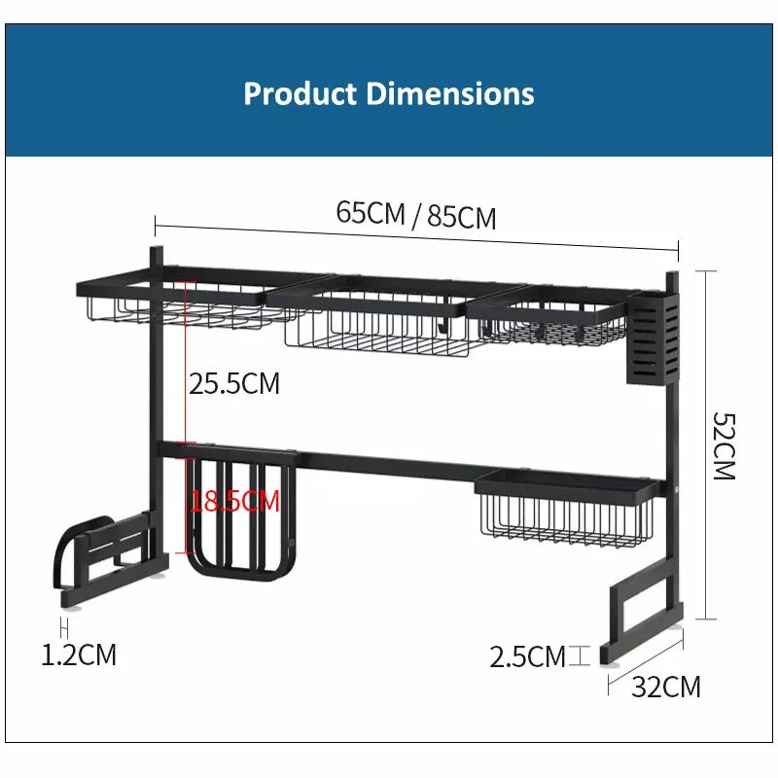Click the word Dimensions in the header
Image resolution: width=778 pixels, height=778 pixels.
(450, 93)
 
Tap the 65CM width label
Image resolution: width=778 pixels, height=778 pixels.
(371, 212)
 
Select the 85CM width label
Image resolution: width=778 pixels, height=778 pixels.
(461, 217)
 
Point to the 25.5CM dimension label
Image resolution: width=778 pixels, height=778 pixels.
(234, 383)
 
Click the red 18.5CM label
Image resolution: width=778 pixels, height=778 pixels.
(235, 501)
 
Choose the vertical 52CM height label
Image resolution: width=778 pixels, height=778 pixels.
(724, 445)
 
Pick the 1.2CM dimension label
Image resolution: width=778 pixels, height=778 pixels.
(79, 654)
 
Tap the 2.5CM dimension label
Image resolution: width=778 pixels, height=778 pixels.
(527, 656)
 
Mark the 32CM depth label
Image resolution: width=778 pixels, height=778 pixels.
(666, 687)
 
